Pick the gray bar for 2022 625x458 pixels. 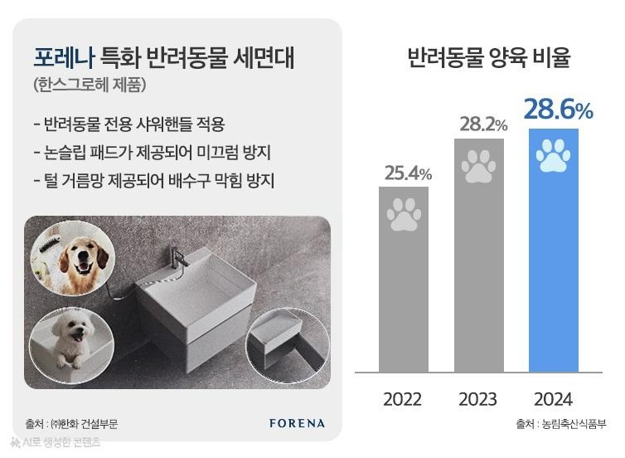tap(404, 282)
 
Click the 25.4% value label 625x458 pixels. tap(408, 173)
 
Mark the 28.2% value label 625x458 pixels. tap(483, 124)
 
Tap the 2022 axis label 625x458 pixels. tap(404, 398)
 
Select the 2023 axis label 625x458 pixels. tap(478, 398)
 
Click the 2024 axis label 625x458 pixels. tap(554, 398)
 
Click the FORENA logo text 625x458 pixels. tap(298, 423)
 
